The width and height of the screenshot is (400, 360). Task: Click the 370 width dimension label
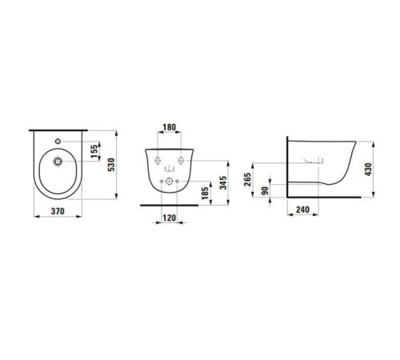coord(58,211)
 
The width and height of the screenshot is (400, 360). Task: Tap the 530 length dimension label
coord(111,165)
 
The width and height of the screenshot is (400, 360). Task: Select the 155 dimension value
coord(94,151)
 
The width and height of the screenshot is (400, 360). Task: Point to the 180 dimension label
coord(170,127)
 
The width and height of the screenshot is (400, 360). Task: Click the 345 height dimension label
coord(223,182)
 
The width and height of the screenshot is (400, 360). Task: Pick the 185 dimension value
coord(205,193)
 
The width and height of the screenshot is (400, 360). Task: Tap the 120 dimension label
coord(170,218)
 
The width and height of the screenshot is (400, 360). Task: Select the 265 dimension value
coord(248,179)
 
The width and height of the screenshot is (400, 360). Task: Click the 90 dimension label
coord(265,190)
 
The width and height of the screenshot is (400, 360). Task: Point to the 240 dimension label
coord(302,210)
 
